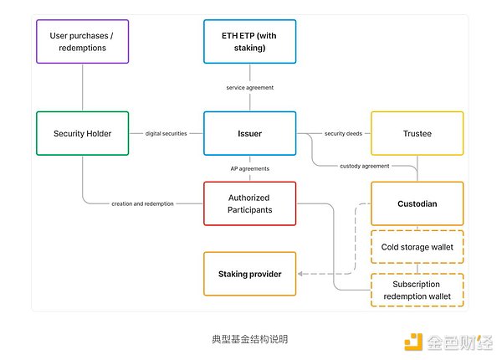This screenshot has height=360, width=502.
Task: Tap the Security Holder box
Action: [83, 133]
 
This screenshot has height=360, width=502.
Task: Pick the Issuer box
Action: [249, 133]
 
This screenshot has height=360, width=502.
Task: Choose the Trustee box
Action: [417, 133]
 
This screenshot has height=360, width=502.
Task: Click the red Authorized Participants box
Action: [249, 203]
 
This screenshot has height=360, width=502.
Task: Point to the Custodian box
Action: [417, 203]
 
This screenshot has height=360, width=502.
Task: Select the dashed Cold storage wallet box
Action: [417, 247]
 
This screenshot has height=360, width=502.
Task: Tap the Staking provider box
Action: [249, 274]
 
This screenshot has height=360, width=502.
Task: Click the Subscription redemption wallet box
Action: [417, 290]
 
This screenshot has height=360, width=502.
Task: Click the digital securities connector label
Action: [166, 133]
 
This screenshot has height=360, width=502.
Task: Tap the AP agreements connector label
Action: [249, 168]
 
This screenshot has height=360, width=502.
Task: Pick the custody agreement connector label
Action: [364, 166]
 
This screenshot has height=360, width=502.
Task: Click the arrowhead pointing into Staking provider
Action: [301, 274]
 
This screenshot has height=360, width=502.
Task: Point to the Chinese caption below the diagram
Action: [249, 340]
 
